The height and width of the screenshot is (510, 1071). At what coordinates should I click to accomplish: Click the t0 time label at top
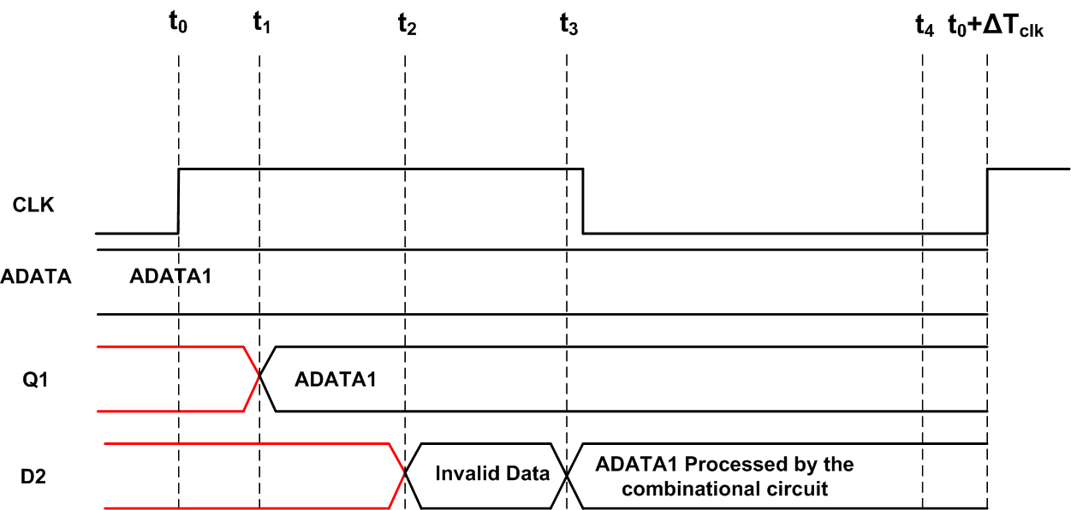[177, 23]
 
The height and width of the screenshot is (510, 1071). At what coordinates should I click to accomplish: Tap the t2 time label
[407, 23]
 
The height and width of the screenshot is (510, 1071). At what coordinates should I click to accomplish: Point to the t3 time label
[568, 23]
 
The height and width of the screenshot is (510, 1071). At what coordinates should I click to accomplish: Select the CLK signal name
[33, 205]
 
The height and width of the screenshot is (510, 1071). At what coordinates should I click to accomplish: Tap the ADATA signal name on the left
[35, 276]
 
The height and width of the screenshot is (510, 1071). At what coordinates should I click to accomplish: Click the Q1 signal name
[34, 379]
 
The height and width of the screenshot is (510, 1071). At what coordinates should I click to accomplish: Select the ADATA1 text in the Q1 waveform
[335, 379]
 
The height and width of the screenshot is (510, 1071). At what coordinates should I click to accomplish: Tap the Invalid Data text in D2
[492, 473]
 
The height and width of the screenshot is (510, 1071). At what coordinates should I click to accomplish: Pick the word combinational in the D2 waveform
[692, 489]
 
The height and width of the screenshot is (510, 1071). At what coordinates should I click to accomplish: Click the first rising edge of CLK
[178, 200]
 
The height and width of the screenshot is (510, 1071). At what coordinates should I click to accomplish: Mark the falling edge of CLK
[583, 200]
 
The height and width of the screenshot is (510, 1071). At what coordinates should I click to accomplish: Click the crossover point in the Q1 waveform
[259, 379]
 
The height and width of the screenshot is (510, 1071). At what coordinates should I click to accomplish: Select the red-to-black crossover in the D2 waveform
[405, 475]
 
